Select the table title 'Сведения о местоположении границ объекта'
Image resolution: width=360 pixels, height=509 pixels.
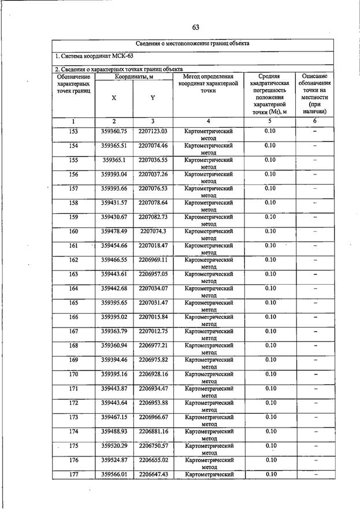[193, 44]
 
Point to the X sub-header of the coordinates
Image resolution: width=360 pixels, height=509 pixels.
[114, 98]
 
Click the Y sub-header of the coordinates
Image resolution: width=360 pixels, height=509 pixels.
[153, 98]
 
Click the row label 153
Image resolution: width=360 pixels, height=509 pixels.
[73, 131]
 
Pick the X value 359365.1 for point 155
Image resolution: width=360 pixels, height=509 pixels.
[114, 160]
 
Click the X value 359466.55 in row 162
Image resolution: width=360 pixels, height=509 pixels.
[114, 260]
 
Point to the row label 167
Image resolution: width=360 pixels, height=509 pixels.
[73, 331]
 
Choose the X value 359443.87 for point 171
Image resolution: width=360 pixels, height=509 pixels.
[114, 388]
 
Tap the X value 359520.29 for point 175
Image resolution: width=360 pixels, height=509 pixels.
[114, 445]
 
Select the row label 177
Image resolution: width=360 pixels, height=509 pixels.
[73, 474]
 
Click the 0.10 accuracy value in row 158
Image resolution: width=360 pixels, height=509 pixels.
[270, 203]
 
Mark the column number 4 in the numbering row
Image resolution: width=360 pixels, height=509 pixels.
[208, 121]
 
